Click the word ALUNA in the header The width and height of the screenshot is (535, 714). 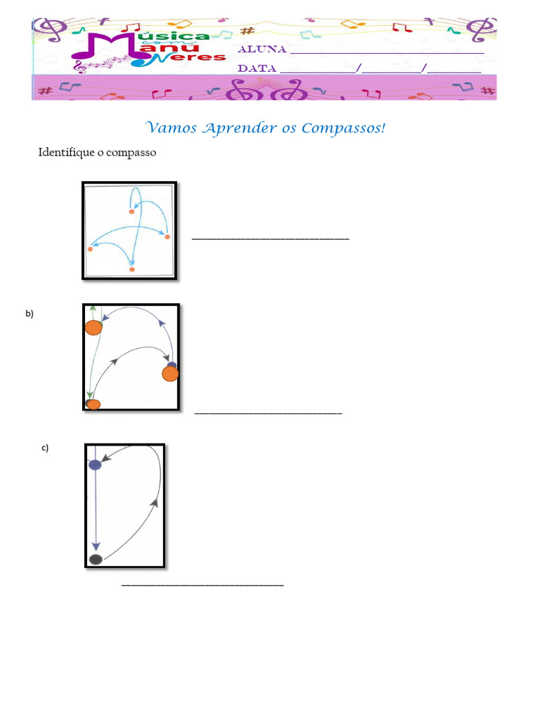point(262,50)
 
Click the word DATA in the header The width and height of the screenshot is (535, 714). point(257,68)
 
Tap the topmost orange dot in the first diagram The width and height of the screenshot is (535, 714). point(131,211)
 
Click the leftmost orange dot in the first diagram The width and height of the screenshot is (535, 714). point(91,248)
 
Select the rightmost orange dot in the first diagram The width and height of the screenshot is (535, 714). point(167,238)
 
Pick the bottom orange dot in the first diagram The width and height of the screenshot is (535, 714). point(132,268)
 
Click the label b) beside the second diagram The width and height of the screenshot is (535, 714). point(29,314)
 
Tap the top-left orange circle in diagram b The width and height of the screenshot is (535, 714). point(94,328)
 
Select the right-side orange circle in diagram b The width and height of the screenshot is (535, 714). point(170,374)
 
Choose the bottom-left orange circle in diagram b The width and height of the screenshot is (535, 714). point(93,404)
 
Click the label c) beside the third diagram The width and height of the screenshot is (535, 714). point(45,448)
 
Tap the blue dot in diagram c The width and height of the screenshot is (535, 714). point(95,464)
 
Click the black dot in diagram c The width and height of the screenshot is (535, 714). point(96,559)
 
